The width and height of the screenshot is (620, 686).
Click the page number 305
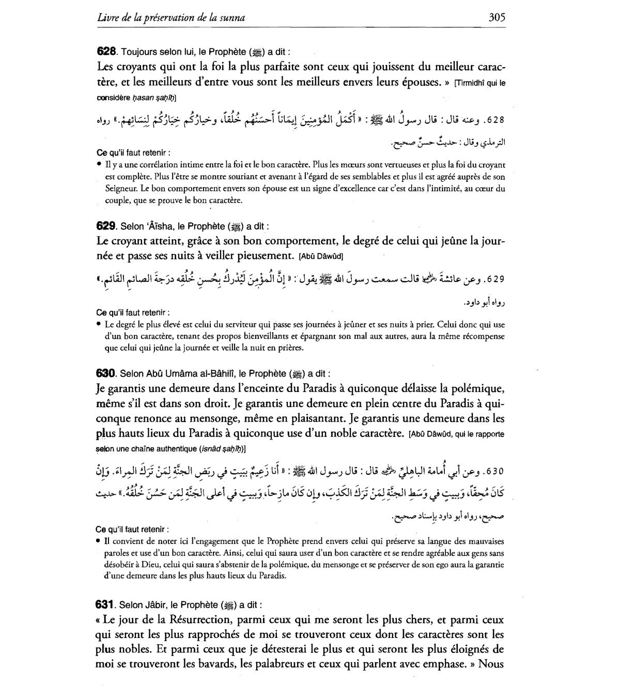[x=497, y=18]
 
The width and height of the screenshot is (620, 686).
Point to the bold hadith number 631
[x=105, y=604]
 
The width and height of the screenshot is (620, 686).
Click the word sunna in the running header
[x=233, y=18]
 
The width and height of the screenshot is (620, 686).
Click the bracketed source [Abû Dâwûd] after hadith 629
[x=321, y=256]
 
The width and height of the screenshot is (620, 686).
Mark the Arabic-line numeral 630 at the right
[x=494, y=472]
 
